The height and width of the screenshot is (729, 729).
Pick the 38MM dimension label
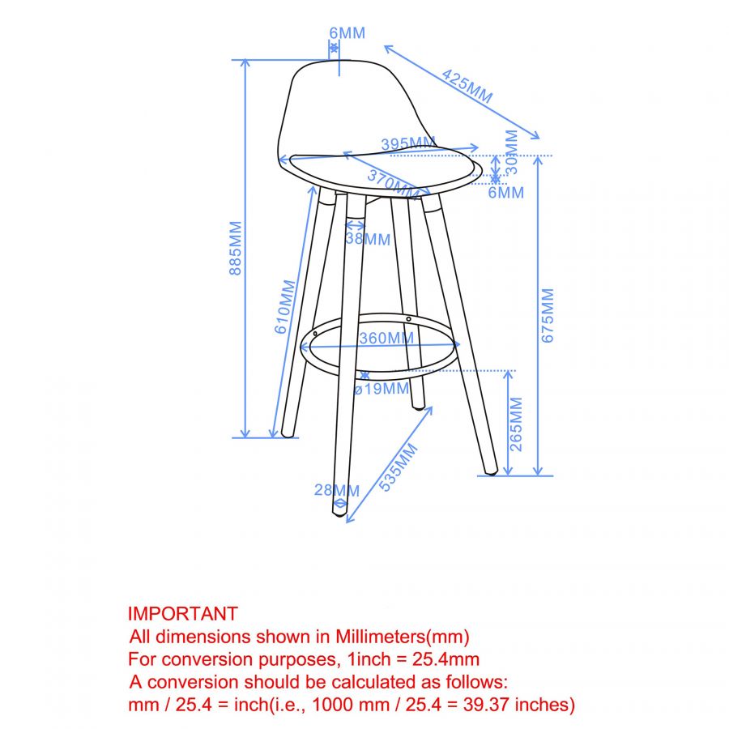(x=368, y=240)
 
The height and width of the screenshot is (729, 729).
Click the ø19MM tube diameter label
(x=382, y=389)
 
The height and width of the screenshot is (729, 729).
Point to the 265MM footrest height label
(x=517, y=424)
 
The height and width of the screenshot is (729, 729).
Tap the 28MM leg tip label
(x=337, y=490)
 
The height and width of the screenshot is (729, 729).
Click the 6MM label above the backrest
(x=347, y=33)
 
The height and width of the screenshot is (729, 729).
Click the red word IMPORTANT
(x=182, y=614)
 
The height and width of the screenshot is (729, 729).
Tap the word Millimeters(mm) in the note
(x=406, y=637)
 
